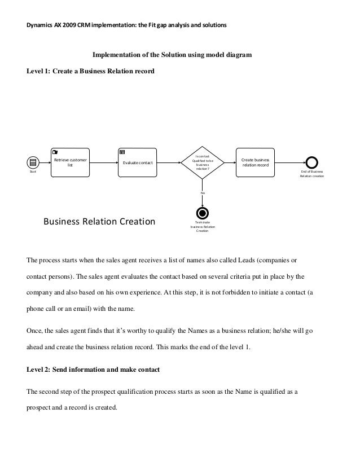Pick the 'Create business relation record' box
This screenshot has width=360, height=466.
pos(255,162)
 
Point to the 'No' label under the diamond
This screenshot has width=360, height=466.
pos(202,193)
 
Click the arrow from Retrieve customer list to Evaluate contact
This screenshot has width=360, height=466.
pos(103,162)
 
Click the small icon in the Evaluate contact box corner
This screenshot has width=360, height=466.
pos(122,152)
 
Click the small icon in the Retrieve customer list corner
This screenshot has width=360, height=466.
pos(55,152)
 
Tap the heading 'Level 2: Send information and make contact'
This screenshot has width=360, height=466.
pos(93,370)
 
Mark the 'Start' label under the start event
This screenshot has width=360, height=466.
pos(32,172)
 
